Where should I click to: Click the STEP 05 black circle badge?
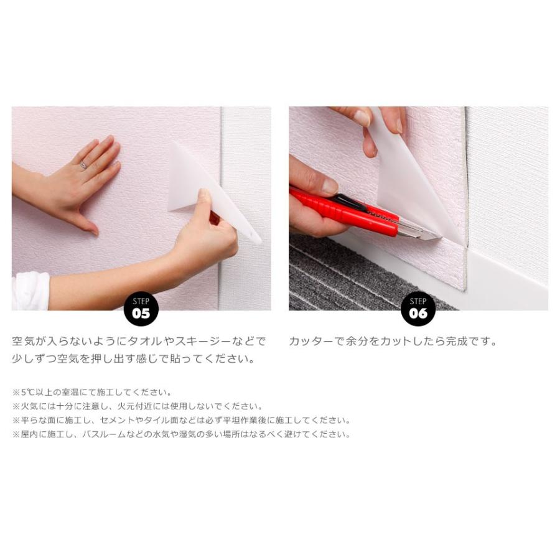[x=141, y=309]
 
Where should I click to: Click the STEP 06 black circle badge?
[x=418, y=309]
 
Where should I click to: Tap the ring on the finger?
[x=83, y=165]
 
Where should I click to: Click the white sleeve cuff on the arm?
[x=30, y=291]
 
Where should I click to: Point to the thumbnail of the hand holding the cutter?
[x=330, y=185]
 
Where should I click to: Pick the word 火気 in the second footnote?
[x=29, y=406]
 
